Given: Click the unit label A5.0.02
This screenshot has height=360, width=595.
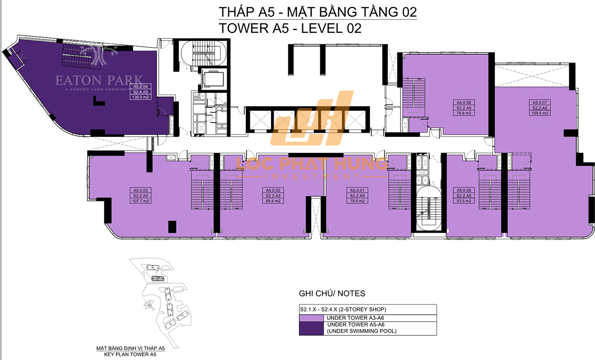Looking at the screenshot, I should click(273, 190).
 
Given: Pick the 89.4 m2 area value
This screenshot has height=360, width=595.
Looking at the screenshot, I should click(273, 200).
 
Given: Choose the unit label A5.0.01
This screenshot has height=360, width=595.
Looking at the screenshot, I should click(357, 190).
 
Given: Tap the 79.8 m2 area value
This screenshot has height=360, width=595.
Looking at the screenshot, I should click(357, 200).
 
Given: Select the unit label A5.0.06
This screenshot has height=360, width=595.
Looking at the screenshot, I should click(464, 102).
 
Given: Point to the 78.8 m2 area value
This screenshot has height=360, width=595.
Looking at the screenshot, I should click(464, 113).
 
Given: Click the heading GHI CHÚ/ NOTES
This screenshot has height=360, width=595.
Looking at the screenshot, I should click(332, 293).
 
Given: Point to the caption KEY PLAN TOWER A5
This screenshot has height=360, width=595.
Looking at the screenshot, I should click(130, 354).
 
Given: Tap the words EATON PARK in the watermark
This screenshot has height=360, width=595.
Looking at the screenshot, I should click(99, 81).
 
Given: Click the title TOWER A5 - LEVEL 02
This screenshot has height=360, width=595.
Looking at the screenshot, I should click(291, 28).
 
